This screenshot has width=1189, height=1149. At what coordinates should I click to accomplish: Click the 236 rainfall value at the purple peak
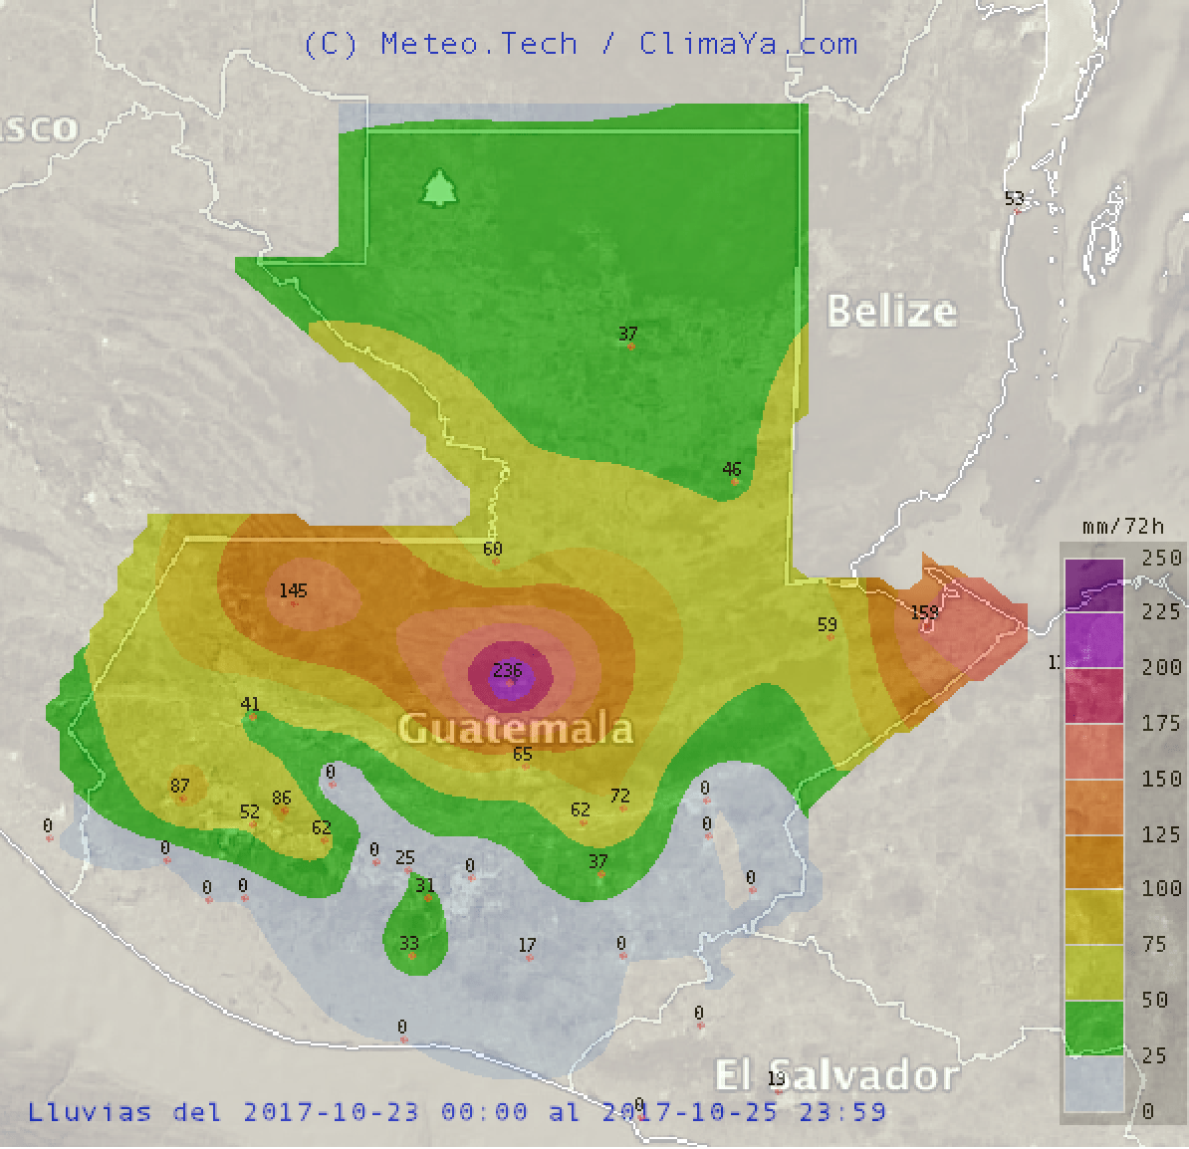click(x=508, y=671)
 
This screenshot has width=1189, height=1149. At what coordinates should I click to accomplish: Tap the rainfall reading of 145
click(x=293, y=590)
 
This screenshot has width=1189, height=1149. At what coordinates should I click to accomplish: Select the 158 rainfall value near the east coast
click(x=925, y=611)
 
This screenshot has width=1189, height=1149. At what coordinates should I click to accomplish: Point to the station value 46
click(x=732, y=469)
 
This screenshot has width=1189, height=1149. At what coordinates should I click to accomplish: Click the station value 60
click(x=493, y=549)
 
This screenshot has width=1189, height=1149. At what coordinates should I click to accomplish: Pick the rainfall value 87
click(x=179, y=786)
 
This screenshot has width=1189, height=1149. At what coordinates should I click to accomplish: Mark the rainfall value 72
click(x=620, y=796)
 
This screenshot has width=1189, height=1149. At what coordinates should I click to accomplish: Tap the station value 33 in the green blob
click(x=409, y=943)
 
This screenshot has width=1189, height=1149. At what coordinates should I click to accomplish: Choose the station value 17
click(x=528, y=945)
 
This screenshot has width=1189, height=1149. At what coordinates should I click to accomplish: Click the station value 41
click(x=250, y=704)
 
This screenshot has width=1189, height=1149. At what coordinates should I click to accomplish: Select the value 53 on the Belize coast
click(x=1015, y=198)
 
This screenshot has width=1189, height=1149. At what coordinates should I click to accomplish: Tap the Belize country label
click(x=892, y=311)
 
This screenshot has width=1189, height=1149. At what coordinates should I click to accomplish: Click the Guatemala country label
click(x=516, y=728)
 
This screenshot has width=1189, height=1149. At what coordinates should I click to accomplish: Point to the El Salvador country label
click(x=836, y=1075)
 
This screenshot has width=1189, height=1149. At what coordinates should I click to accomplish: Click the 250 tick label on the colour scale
click(x=1161, y=557)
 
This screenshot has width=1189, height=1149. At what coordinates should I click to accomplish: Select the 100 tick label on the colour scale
click(x=1161, y=888)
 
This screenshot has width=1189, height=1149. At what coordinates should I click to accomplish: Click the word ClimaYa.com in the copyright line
click(x=748, y=44)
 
